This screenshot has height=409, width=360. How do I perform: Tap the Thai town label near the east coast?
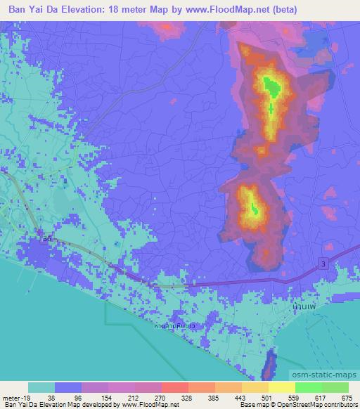click(x=303, y=307)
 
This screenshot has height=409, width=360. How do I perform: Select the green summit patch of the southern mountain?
click(x=254, y=207)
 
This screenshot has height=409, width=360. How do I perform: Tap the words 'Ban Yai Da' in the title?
click(x=34, y=9)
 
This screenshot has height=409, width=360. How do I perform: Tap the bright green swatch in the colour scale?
click(x=308, y=387)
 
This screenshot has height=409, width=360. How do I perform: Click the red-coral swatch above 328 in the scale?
click(x=174, y=387)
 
